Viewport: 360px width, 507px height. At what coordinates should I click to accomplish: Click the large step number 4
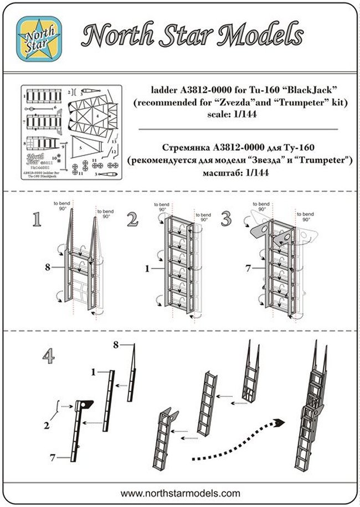pyautogui.click(x=49, y=357)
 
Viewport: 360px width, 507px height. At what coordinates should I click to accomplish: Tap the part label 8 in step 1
pyautogui.click(x=48, y=267)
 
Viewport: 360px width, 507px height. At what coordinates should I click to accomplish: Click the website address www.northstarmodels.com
pyautogui.click(x=180, y=493)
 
